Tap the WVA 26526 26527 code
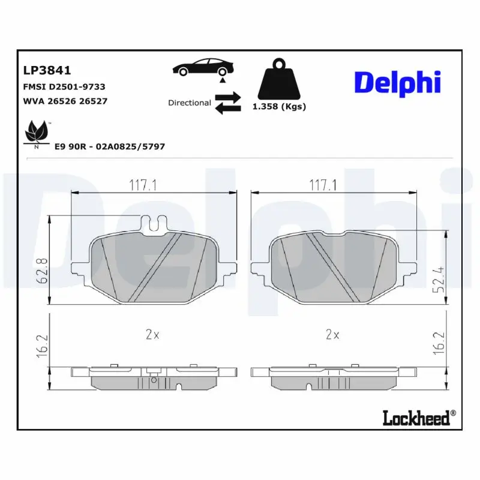[65, 101]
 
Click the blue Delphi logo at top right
[397, 83]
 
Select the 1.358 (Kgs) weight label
[278, 107]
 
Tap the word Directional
[189, 103]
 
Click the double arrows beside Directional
[227, 103]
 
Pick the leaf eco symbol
[37, 133]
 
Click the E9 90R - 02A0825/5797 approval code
[110, 146]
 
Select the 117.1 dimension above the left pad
[143, 185]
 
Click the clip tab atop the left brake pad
[155, 224]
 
